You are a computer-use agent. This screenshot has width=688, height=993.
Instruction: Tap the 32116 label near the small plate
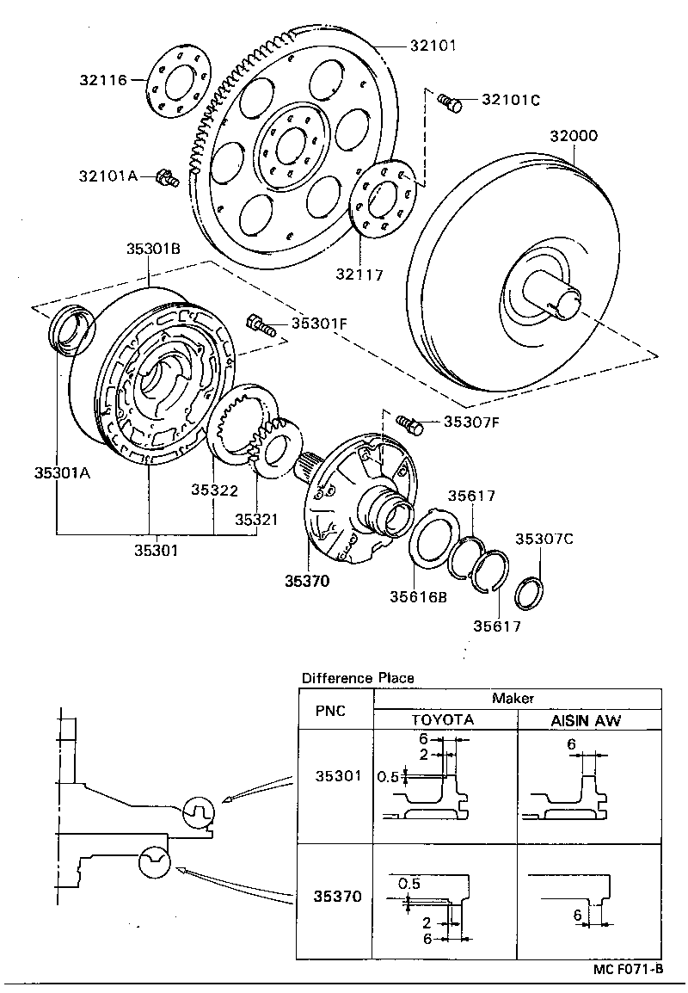pyautogui.click(x=102, y=81)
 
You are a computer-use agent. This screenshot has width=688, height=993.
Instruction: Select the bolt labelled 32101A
pyautogui.click(x=166, y=179)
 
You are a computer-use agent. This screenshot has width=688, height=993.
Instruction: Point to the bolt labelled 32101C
pyautogui.click(x=449, y=102)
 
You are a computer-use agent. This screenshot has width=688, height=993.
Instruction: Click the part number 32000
pyautogui.click(x=574, y=136)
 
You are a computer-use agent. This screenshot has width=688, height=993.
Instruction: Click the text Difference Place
pyautogui.click(x=357, y=678)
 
